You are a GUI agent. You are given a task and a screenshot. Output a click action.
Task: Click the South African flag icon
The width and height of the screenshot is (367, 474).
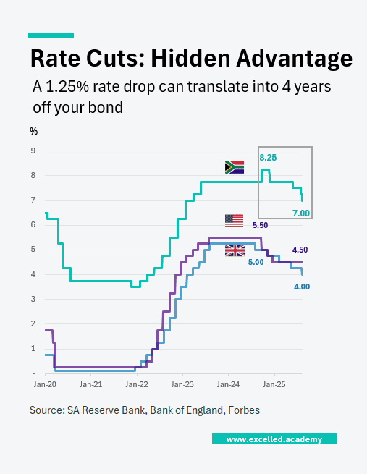pyautogui.click(x=234, y=167)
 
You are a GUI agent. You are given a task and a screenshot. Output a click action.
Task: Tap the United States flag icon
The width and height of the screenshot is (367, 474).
pyautogui.click(x=234, y=221)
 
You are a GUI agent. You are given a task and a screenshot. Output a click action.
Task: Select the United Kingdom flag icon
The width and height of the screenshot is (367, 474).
pyautogui.click(x=235, y=250)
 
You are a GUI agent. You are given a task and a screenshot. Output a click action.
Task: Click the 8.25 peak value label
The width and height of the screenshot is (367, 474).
pyautogui.click(x=268, y=157)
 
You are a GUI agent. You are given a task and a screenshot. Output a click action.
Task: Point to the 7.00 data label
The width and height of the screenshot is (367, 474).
pyautogui.click(x=300, y=213)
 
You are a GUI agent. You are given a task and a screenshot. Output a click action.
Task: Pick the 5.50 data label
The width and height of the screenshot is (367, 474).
pyautogui.click(x=261, y=226)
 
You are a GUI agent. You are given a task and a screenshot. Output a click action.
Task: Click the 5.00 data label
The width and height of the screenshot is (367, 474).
pyautogui.click(x=256, y=262)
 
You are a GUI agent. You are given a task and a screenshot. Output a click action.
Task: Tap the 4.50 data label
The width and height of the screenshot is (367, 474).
pyautogui.click(x=300, y=250)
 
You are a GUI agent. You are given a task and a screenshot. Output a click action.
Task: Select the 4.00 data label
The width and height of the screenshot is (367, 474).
pyautogui.click(x=301, y=287)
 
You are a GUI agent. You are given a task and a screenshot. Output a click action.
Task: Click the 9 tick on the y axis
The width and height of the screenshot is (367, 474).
pyautogui.click(x=33, y=151)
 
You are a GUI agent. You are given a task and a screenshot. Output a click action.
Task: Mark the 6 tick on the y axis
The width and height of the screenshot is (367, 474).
pyautogui.click(x=33, y=225)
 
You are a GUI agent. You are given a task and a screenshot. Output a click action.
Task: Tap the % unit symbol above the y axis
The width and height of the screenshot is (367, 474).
pyautogui.click(x=33, y=131)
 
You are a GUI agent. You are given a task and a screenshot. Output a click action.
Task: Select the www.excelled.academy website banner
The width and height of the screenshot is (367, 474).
pyautogui.click(x=274, y=439)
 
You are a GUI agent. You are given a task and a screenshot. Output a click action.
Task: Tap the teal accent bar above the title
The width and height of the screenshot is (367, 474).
pyautogui.click(x=51, y=34)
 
